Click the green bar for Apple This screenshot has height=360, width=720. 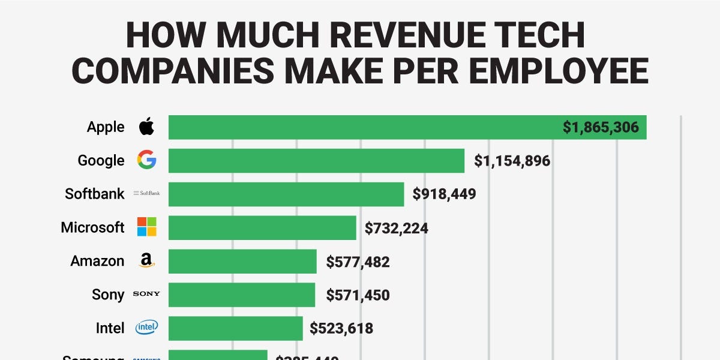click(x=360, y=127)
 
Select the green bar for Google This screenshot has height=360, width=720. click(x=316, y=161)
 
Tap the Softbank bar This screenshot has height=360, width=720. click(x=286, y=194)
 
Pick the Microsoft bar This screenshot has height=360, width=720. click(x=262, y=228)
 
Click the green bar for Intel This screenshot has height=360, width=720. click(x=235, y=328)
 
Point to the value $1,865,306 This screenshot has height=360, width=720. click(x=601, y=127)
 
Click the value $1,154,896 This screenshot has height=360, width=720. click(x=512, y=161)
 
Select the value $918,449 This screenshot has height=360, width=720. click(x=444, y=194)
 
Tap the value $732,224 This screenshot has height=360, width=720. click(x=396, y=228)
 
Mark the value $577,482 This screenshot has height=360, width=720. click(x=358, y=262)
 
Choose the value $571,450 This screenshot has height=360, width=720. click(x=358, y=295)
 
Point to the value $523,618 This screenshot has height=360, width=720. click(x=341, y=328)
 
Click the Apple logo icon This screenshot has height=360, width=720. click(x=146, y=127)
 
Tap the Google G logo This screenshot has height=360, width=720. click(x=146, y=160)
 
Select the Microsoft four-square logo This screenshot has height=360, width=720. click(x=146, y=227)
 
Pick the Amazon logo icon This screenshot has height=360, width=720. click(x=146, y=260)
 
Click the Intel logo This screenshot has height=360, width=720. click(x=146, y=328)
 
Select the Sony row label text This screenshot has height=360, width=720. click(x=108, y=295)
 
